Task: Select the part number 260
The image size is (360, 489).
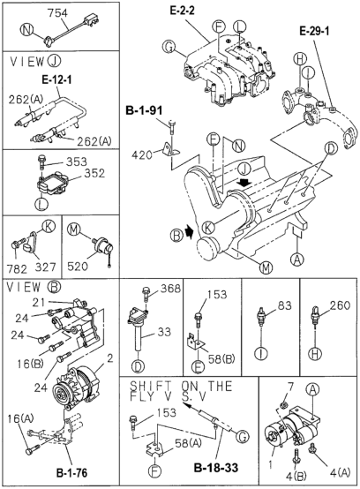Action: click(x=341, y=307)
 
